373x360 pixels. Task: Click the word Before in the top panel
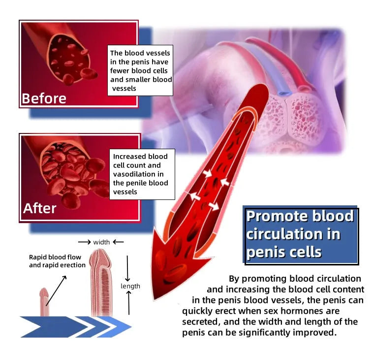[44, 98]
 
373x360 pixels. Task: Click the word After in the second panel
[40, 208]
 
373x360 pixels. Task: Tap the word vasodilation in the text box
[138, 174]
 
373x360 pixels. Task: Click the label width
[101, 242]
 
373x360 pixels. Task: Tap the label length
[130, 286]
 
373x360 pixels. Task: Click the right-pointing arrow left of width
[85, 242]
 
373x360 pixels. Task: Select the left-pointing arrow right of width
[118, 242]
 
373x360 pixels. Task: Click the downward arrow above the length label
[127, 268]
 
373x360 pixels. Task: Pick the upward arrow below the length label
[129, 303]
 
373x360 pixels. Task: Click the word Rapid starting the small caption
[37, 258]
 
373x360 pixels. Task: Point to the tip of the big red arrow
[155, 299]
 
